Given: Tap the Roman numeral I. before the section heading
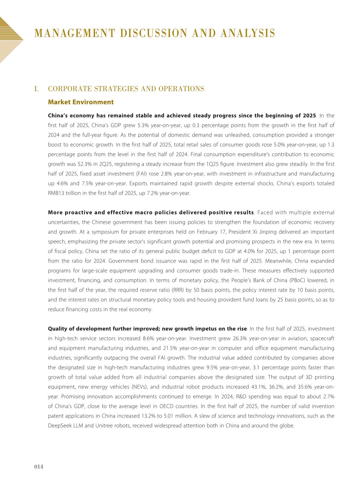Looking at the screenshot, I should click(x=37, y=89).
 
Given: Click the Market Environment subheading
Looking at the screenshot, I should click(x=81, y=102).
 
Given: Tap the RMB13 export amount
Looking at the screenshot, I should click(x=56, y=193).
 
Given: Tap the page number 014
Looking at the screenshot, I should click(x=39, y=467).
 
